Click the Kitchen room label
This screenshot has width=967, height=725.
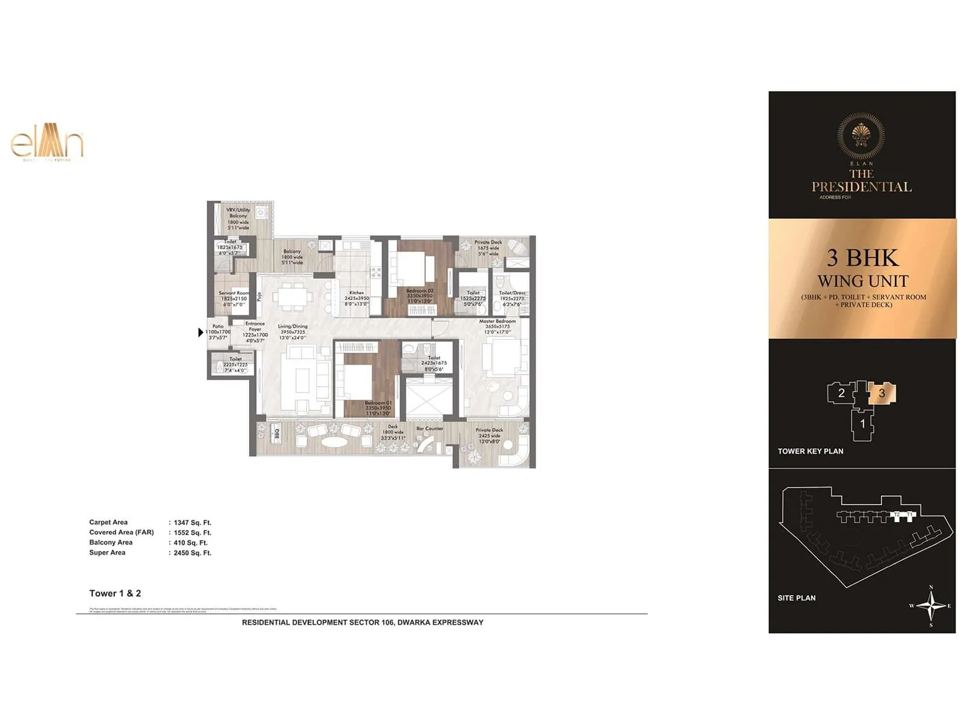[357, 293]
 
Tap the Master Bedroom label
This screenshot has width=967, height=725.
[497, 321]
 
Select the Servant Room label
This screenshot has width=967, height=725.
[234, 293]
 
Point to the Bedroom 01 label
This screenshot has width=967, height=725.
[378, 403]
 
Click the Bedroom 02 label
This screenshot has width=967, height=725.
[419, 291]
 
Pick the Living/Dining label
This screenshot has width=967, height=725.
[293, 326]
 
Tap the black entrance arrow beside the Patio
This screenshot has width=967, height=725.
[201, 332]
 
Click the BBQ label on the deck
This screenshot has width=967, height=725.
[277, 434]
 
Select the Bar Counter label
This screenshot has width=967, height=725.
[430, 428]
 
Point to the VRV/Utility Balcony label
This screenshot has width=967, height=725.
[238, 213]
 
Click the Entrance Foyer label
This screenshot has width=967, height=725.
[255, 326]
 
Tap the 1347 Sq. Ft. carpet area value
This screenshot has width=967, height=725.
[192, 523]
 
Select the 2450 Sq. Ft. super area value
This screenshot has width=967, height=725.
[192, 553]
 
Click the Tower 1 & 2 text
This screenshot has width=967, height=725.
[115, 593]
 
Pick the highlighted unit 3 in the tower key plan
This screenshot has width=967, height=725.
[882, 393]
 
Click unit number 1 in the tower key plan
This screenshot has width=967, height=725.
[862, 424]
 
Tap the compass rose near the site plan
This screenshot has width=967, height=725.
[931, 606]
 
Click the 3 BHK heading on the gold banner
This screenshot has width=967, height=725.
[862, 258]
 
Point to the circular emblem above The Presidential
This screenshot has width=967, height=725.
[861, 136]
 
